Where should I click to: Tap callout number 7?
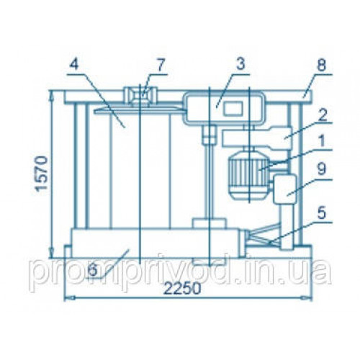161,64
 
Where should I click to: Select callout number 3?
240,64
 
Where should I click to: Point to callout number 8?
321,64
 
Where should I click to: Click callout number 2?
322,114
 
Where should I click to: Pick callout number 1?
322,140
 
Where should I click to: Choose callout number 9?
322,168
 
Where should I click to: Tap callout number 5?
322,214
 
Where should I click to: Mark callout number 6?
93,271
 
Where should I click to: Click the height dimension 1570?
41,174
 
